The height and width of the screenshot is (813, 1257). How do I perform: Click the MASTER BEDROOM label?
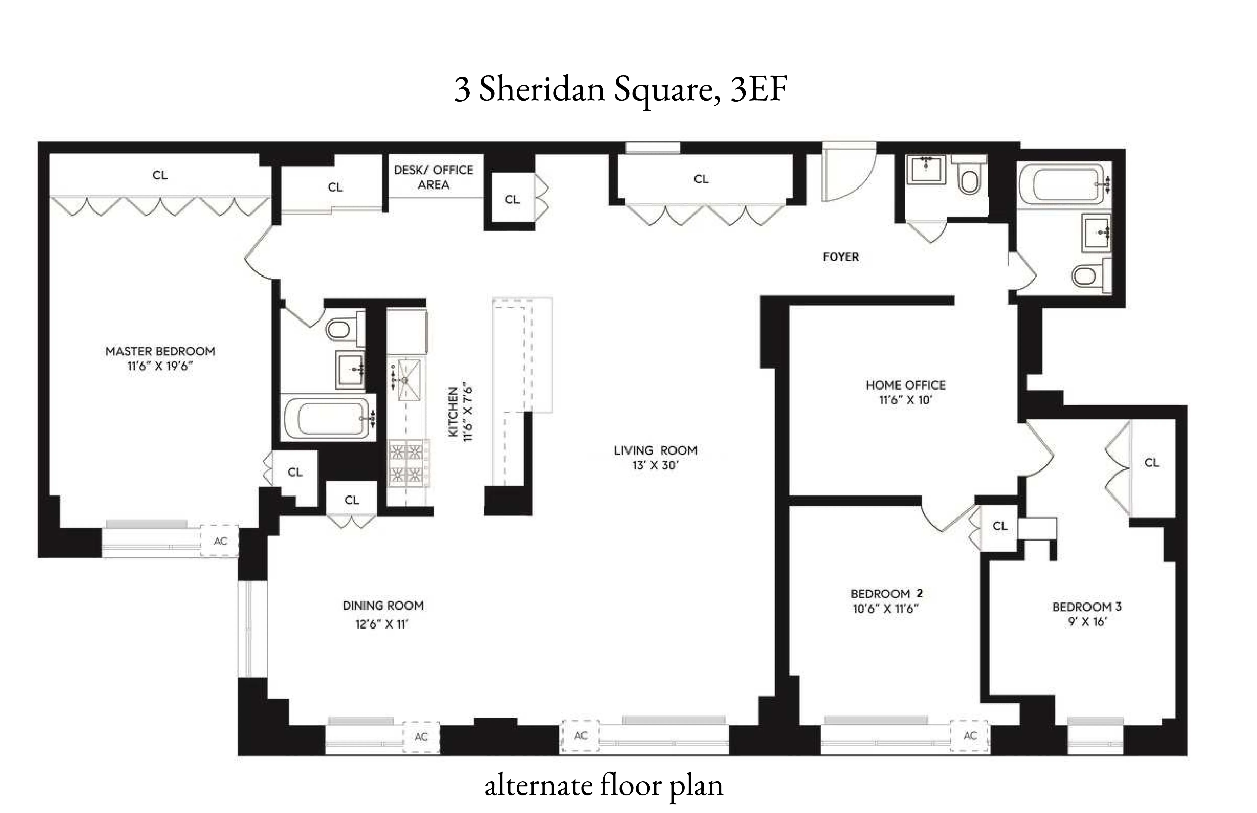click(160, 351)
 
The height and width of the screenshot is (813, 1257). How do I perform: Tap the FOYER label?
click(841, 257)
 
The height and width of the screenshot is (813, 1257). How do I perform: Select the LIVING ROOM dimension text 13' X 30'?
click(655, 466)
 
